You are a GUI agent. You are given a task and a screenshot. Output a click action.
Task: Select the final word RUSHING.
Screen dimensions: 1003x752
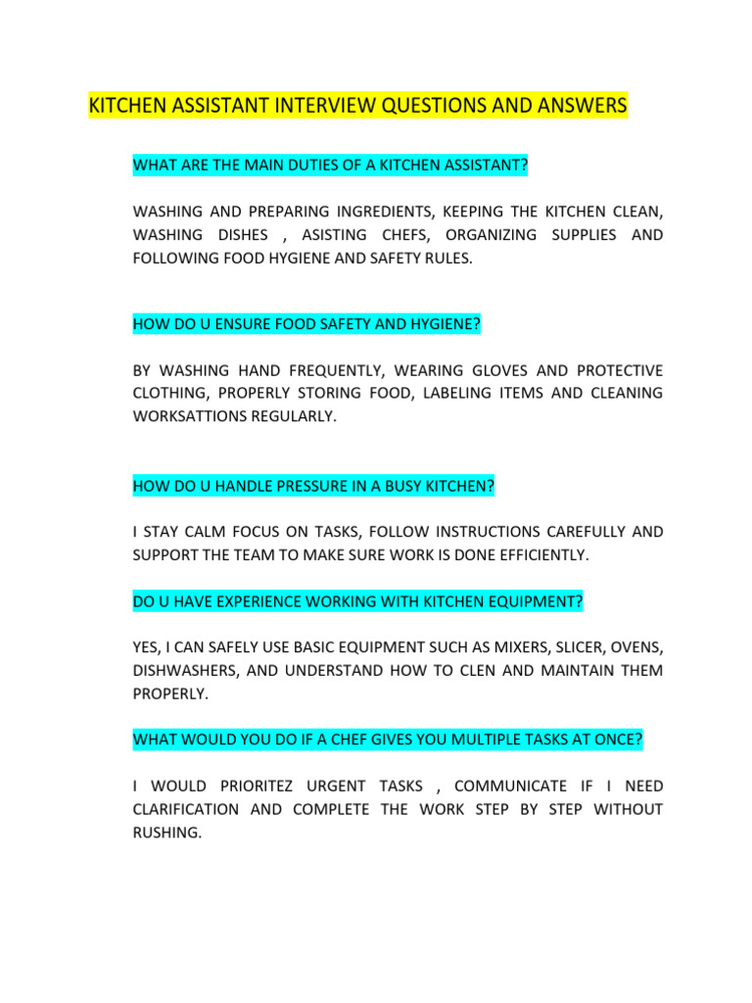click(x=166, y=834)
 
